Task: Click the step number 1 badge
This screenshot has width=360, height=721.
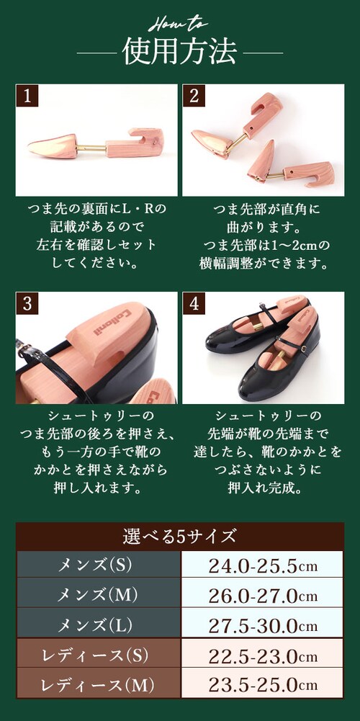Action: tap(27, 96)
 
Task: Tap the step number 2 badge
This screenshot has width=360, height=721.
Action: tap(194, 96)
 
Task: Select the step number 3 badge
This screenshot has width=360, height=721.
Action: tap(27, 303)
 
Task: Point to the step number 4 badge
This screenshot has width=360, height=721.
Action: tap(194, 303)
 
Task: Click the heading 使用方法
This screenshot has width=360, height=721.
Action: tap(180, 52)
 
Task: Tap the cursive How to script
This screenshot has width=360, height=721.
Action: tap(180, 24)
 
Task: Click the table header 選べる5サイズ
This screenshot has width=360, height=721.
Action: tap(180, 536)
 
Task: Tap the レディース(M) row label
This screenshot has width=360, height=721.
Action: tap(97, 686)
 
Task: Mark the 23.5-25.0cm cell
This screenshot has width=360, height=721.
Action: tap(263, 686)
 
